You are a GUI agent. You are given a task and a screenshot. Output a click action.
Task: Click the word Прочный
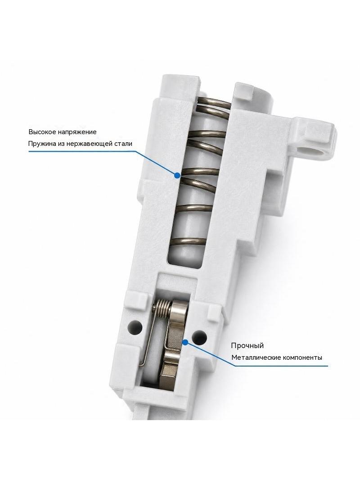click(247, 346)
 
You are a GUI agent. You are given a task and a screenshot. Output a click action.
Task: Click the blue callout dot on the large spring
click(176, 176)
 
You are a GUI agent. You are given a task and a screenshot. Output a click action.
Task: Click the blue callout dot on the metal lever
click(185, 342)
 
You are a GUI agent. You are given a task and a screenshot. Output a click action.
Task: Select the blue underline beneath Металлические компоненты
click(279, 365)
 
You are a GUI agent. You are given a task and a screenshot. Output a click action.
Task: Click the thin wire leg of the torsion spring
click(147, 340)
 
